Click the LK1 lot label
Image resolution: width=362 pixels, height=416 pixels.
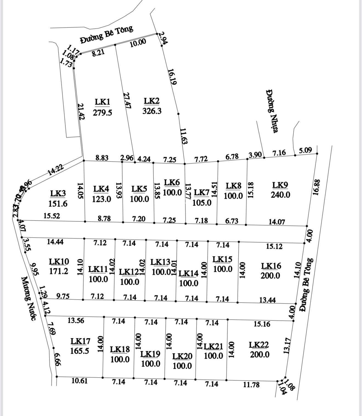tap(102, 102)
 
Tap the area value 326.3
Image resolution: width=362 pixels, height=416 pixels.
tap(152, 111)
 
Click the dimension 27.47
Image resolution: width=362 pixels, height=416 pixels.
tap(127, 100)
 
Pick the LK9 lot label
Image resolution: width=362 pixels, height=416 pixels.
tap(280, 185)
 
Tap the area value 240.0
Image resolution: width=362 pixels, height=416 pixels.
tap(280, 195)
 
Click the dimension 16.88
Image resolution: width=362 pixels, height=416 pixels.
tap(316, 187)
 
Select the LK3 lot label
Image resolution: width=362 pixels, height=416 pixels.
tap(58, 193)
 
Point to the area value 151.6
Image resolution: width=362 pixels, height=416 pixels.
tap(58, 203)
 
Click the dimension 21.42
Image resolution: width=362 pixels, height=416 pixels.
tap(81, 111)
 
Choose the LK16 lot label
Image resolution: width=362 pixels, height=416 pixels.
tap(271, 266)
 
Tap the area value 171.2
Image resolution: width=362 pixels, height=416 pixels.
tap(59, 271)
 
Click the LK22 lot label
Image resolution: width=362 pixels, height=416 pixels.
tap(259, 345)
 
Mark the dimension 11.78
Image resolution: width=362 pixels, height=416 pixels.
tap(251, 385)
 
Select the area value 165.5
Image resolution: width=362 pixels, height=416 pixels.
tap(80, 351)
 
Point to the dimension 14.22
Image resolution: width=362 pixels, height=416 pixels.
tap(55, 169)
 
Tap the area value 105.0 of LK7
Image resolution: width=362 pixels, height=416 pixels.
tap(202, 203)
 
